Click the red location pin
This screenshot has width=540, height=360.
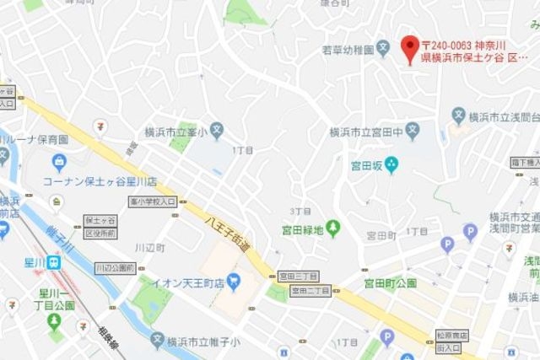[x=409, y=48]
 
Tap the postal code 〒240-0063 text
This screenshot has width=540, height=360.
[x=448, y=44]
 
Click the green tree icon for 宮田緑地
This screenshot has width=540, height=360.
[x=332, y=227]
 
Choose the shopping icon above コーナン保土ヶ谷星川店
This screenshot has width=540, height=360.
[x=58, y=162]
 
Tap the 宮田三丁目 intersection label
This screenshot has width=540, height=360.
[x=298, y=276]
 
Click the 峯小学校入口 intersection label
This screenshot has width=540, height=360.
[x=153, y=202]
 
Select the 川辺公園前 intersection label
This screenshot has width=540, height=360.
[x=116, y=267]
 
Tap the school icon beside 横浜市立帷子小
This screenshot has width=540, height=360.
[x=157, y=341]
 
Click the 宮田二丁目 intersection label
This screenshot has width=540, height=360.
[x=310, y=291]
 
